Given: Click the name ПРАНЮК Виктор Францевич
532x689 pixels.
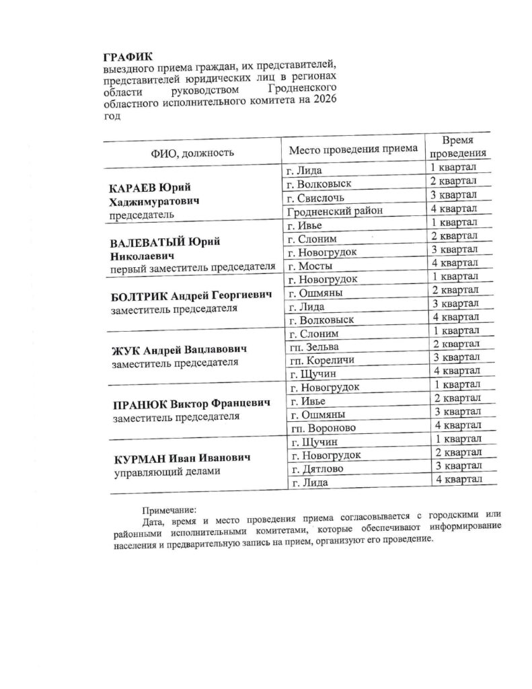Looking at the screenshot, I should tap(188, 404).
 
